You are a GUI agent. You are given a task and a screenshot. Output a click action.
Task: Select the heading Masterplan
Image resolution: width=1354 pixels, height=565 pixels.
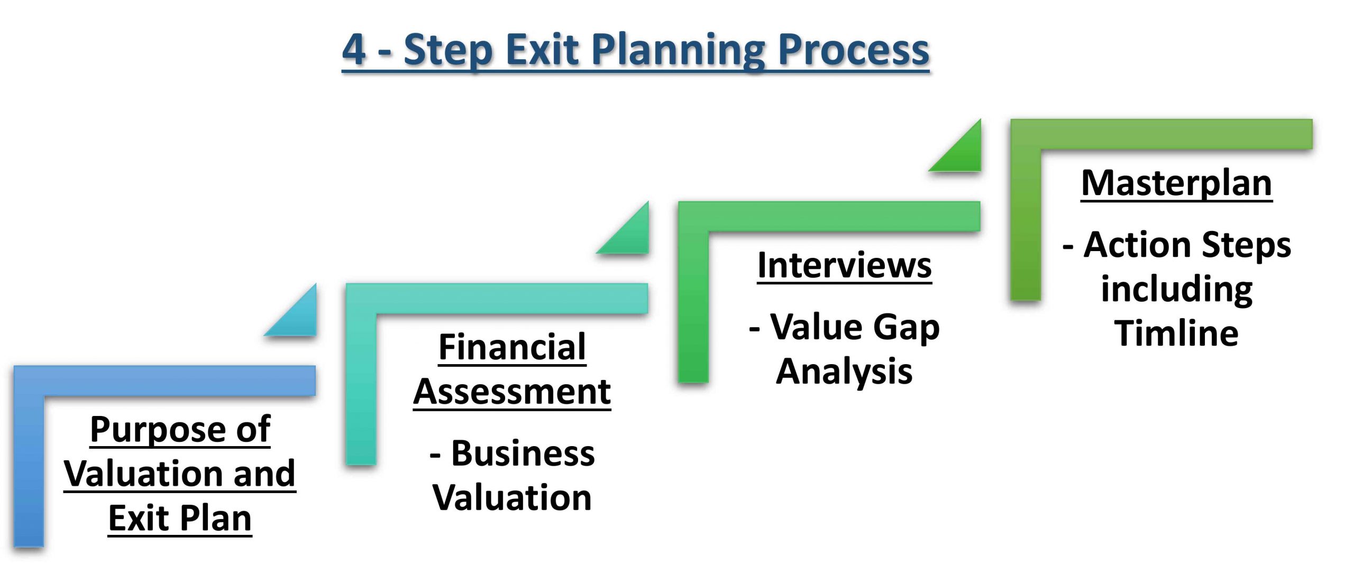[1177, 184]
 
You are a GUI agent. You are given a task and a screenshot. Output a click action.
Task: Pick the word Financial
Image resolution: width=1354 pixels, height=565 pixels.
[512, 347]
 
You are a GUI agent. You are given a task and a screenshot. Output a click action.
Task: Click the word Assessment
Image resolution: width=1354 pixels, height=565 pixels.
[512, 392]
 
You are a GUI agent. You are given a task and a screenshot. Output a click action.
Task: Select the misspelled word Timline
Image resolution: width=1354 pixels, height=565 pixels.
[1176, 333]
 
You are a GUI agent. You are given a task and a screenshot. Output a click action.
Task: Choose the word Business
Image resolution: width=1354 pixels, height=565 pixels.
[523, 453]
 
